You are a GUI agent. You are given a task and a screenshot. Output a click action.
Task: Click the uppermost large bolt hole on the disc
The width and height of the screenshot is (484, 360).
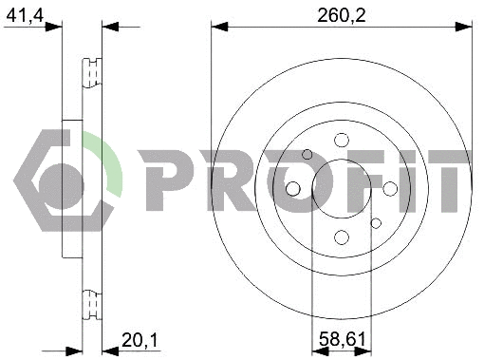(x=342, y=141)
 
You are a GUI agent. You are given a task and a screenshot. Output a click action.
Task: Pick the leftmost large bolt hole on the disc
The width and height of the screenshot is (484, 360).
(x=293, y=189)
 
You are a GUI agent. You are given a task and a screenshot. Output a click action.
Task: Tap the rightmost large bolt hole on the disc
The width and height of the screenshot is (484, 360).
(x=390, y=189)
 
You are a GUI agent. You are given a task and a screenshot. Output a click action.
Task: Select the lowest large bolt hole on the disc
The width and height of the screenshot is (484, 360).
(x=342, y=237)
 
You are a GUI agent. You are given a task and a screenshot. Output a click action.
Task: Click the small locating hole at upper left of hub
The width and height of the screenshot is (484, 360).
(x=307, y=155)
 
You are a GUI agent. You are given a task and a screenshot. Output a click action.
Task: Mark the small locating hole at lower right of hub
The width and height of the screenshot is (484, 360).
(x=376, y=223)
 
